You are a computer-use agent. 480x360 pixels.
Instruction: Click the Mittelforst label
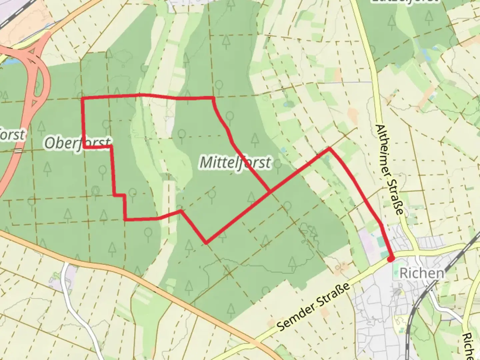point(235,163)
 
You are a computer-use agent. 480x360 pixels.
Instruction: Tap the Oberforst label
point(77,143)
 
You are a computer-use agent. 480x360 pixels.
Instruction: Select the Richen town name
point(422,273)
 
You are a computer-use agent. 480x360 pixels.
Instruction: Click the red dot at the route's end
point(391,258)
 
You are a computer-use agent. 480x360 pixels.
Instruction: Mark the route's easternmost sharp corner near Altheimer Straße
point(329,148)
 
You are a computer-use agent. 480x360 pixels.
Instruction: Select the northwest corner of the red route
point(83,99)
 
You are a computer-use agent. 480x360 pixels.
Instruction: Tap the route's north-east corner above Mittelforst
point(213,98)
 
